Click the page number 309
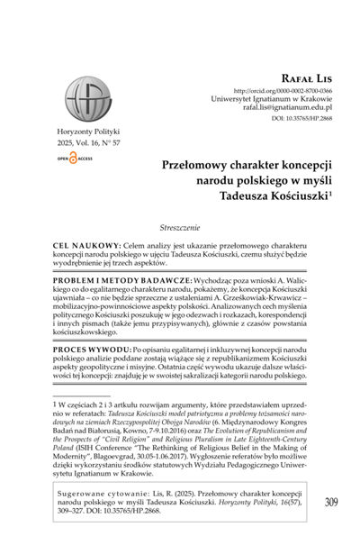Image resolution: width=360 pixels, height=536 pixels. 332,502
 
